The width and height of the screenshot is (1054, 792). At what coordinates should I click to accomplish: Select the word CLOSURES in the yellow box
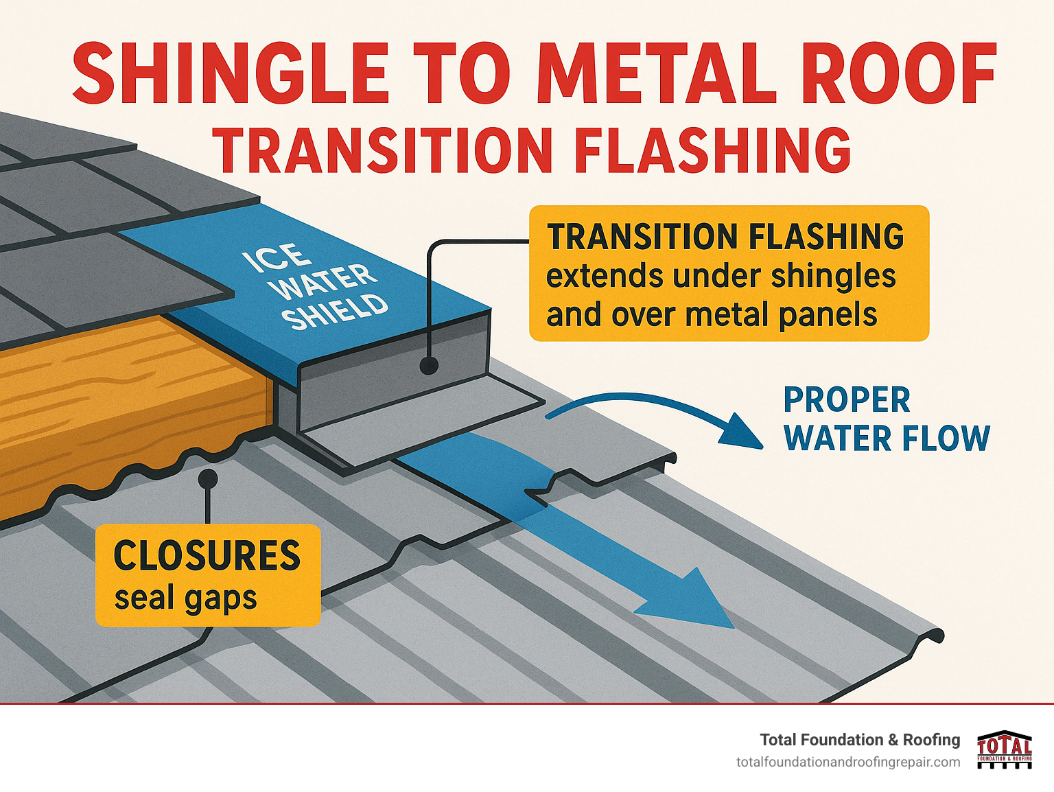point(207,556)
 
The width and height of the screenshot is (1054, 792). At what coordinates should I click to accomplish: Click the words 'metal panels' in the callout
point(782,315)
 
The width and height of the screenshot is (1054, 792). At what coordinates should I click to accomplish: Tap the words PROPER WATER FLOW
point(886,419)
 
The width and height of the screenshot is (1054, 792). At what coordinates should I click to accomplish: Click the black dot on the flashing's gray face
point(429,365)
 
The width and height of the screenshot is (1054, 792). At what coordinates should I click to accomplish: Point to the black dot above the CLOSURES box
point(207,478)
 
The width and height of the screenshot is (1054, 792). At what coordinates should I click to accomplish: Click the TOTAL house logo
point(1004,749)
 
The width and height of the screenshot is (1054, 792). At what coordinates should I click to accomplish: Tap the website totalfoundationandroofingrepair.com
point(848,762)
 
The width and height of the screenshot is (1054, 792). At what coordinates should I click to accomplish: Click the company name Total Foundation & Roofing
point(860,740)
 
